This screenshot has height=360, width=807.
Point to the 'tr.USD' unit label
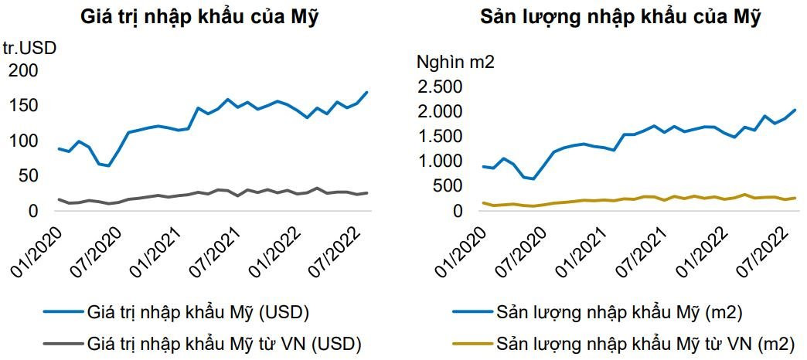29,48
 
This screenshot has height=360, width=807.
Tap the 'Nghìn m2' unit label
456,62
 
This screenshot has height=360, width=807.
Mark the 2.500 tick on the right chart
440,87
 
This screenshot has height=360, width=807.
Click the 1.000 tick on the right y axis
440,161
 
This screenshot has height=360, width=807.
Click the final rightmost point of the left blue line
367,93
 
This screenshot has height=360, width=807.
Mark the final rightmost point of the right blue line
795,110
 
